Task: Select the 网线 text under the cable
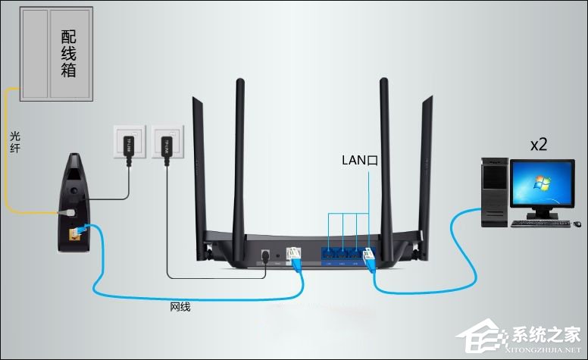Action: point(180,307)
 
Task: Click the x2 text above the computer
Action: point(539,145)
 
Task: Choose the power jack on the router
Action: point(264,255)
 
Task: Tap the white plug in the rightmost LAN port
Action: point(369,257)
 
